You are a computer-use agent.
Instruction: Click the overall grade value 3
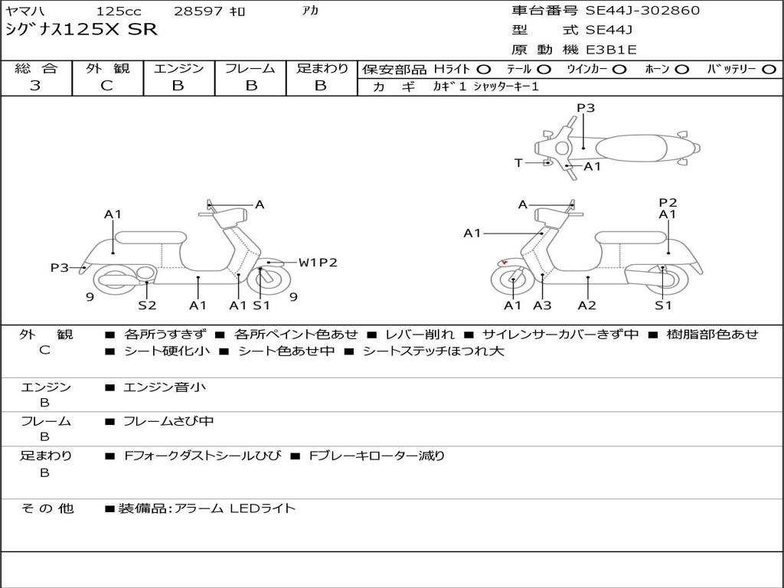(x=35, y=86)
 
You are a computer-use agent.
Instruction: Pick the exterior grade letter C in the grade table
(x=107, y=86)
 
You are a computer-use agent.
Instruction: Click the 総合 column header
(x=35, y=69)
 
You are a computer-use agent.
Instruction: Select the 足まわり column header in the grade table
(x=322, y=69)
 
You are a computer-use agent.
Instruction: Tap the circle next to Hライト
(x=485, y=70)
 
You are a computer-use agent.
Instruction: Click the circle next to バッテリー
(x=769, y=70)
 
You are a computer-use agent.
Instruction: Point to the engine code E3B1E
(x=612, y=50)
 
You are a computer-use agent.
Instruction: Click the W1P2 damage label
(x=318, y=263)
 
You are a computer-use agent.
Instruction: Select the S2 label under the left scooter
(x=147, y=305)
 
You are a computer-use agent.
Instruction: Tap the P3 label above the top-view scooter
(x=586, y=108)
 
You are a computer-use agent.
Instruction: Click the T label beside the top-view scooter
(x=518, y=163)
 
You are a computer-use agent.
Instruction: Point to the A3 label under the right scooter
(x=542, y=305)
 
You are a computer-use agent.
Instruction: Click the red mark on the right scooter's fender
(x=503, y=262)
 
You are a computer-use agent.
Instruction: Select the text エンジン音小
(x=165, y=387)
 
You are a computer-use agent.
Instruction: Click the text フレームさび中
(x=168, y=421)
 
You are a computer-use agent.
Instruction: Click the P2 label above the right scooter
(x=668, y=202)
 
